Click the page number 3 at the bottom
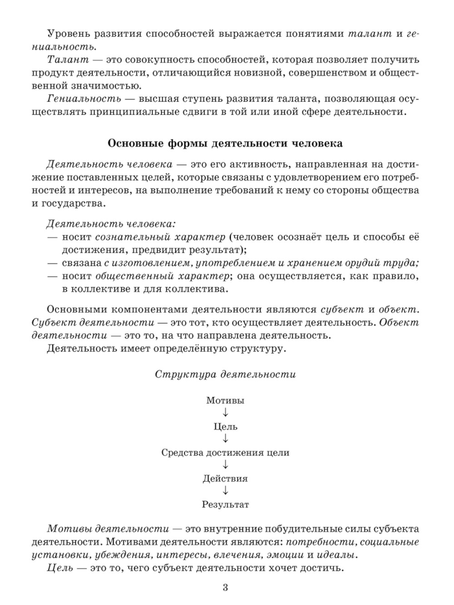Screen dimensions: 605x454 point(225,588)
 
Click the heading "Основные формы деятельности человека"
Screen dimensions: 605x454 point(225,143)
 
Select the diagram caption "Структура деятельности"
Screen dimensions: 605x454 point(225,374)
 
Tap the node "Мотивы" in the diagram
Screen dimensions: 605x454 point(225,400)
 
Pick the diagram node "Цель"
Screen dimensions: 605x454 point(225,427)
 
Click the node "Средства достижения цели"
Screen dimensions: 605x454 point(225,453)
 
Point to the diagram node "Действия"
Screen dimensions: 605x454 point(225,478)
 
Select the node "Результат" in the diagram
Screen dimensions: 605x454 point(225,504)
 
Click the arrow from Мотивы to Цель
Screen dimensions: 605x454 point(225,413)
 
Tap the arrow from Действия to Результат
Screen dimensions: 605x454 point(225,491)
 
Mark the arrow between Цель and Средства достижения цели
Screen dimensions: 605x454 point(225,439)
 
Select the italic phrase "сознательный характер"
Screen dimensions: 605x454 point(160,237)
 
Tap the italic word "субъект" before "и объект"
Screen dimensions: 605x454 point(342,310)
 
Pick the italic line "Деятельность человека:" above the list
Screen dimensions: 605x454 point(111,224)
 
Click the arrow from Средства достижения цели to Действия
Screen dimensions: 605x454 point(225,465)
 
